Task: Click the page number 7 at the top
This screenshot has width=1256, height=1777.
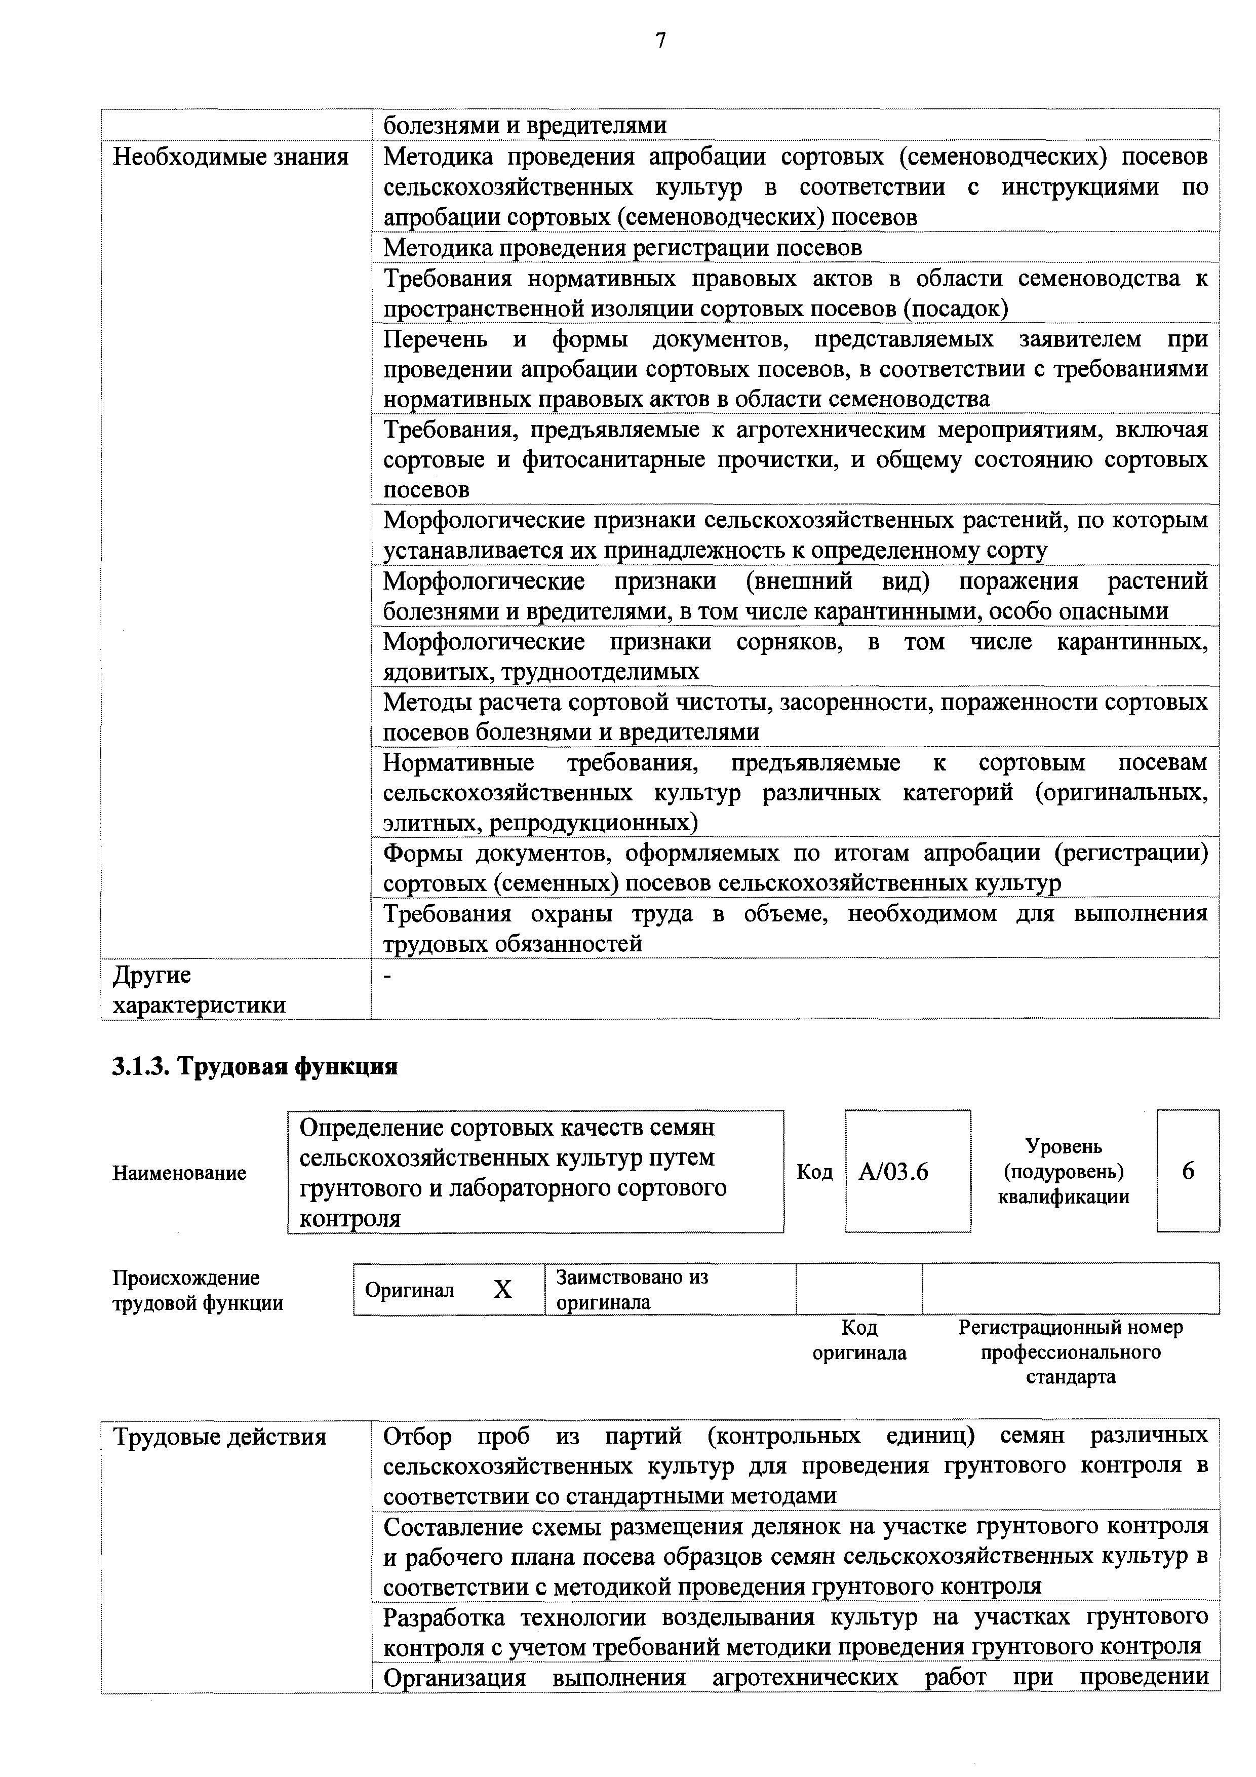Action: point(660,41)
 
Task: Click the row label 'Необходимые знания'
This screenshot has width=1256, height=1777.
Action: point(230,157)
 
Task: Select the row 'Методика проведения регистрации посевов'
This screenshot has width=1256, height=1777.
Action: point(622,248)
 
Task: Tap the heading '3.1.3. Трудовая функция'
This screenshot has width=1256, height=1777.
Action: point(255,1066)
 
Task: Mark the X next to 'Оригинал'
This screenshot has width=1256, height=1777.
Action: point(503,1289)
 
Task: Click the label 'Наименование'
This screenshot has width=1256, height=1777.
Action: point(180,1173)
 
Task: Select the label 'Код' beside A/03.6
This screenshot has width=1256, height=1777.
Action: point(814,1172)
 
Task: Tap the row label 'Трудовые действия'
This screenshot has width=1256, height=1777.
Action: point(220,1437)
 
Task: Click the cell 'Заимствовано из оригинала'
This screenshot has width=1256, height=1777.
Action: point(632,1289)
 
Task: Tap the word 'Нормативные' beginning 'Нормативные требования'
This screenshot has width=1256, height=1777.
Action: point(459,762)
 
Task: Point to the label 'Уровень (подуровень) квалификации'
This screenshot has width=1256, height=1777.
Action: point(1064,1171)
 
